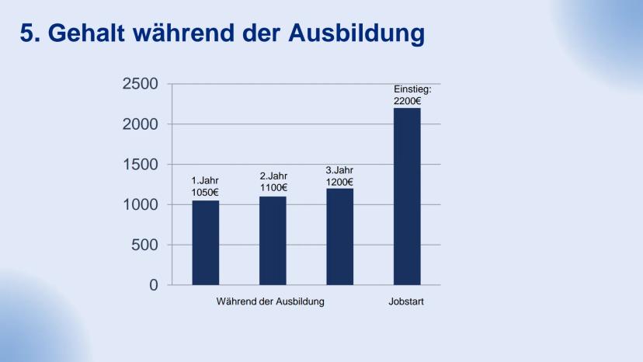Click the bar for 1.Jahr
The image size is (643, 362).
tap(206, 242)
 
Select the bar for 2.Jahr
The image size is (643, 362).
tap(273, 240)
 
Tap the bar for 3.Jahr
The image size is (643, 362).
tap(339, 236)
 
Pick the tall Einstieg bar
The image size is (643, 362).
tap(407, 196)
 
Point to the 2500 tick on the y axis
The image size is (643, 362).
tap(140, 84)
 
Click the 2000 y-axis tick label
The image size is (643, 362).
tap(140, 124)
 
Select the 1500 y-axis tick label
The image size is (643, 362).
tap(140, 165)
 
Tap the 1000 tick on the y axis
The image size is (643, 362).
tap(140, 204)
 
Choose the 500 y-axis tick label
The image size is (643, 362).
tap(144, 245)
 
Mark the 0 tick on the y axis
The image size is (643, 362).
tap(154, 285)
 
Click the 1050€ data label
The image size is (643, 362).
tap(205, 192)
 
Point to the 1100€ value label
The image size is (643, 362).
tap(273, 187)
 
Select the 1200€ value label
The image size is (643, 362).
tap(339, 182)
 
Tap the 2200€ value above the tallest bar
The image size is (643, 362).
tap(407, 101)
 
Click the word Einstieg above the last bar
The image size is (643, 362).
tap(412, 90)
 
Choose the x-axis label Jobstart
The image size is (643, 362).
tap(407, 301)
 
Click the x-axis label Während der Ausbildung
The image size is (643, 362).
tap(270, 301)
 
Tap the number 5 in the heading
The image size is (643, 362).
tap(26, 33)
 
